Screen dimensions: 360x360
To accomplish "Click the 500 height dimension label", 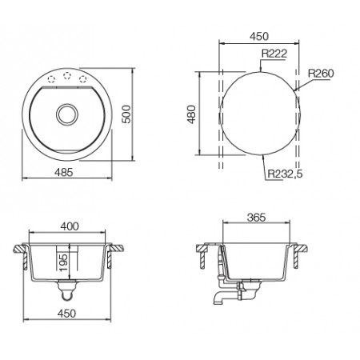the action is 126,114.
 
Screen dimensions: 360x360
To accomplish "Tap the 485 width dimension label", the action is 64,173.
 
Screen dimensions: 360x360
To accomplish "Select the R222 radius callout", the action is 274,54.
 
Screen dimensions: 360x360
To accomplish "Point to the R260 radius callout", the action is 321,74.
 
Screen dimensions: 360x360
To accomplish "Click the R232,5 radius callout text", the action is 285,174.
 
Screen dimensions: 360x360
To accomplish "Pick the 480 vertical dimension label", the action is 191,114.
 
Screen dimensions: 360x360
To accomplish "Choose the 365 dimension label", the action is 256,218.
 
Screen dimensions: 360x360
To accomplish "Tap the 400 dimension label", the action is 70,226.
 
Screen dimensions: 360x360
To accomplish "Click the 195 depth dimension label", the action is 63,262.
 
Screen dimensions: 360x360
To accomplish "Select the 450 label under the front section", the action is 66,314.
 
